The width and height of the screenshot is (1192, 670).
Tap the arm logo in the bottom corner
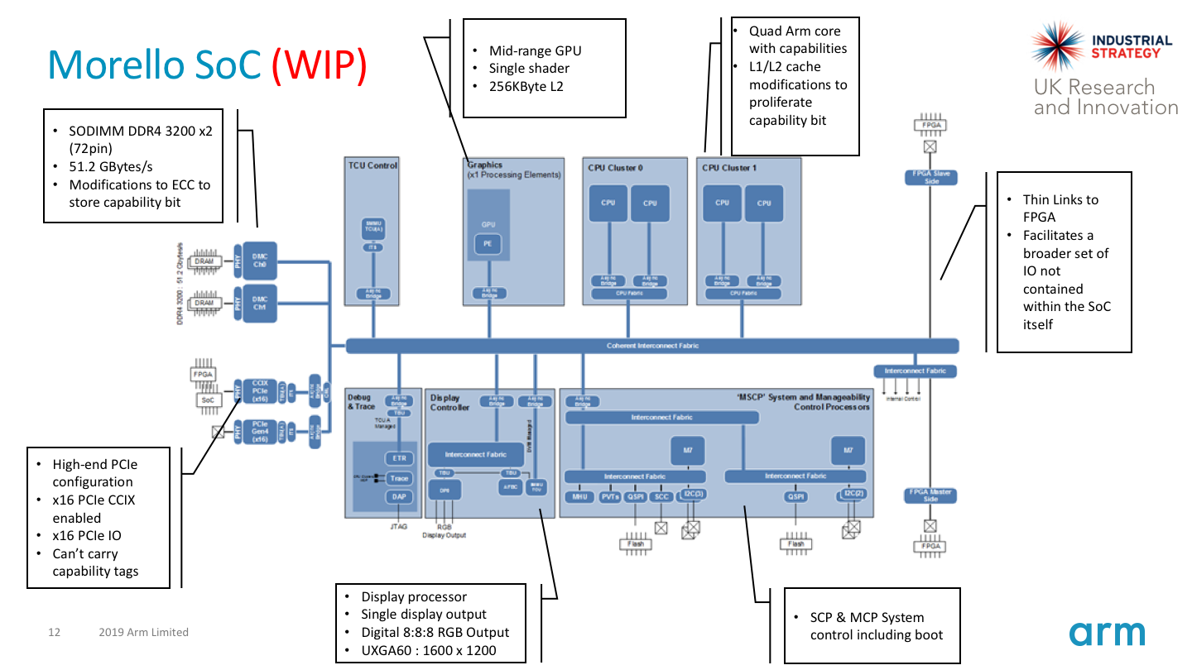pyautogui.click(x=1107, y=633)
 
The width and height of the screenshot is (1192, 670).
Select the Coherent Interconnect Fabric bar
pyautogui.click(x=651, y=346)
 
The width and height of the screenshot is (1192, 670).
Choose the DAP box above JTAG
pyautogui.click(x=398, y=497)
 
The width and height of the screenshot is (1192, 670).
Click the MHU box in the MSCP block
pyautogui.click(x=579, y=497)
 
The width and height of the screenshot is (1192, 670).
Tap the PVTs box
pyautogui.click(x=610, y=497)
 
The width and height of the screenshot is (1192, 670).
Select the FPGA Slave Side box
pyautogui.click(x=930, y=177)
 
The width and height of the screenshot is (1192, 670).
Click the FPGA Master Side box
pyautogui.click(x=930, y=495)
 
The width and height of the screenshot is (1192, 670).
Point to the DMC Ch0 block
pyautogui.click(x=259, y=261)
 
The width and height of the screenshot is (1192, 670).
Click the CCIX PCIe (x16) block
pyautogui.click(x=259, y=390)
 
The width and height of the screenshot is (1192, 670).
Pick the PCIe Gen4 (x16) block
pyautogui.click(x=259, y=432)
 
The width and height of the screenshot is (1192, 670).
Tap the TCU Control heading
pyautogui.click(x=372, y=165)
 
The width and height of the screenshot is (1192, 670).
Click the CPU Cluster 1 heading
pyautogui.click(x=730, y=168)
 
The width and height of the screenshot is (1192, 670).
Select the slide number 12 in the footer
pyautogui.click(x=55, y=633)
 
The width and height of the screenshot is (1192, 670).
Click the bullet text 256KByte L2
pyautogui.click(x=526, y=86)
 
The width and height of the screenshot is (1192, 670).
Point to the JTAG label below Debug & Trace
pyautogui.click(x=398, y=526)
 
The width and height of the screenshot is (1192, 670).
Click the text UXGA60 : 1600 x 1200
pyautogui.click(x=428, y=650)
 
